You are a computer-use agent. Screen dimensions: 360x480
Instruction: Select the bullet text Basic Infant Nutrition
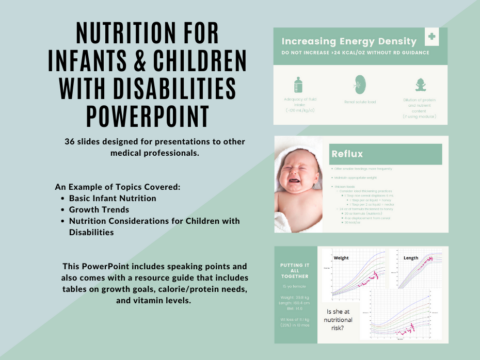[110, 199]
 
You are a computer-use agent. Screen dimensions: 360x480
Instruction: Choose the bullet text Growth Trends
[96, 210]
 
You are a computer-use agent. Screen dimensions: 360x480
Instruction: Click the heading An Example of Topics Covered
[116, 187]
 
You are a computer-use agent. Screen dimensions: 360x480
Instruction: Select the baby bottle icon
[297, 85]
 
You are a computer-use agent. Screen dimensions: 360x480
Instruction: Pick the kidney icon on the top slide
[359, 85]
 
